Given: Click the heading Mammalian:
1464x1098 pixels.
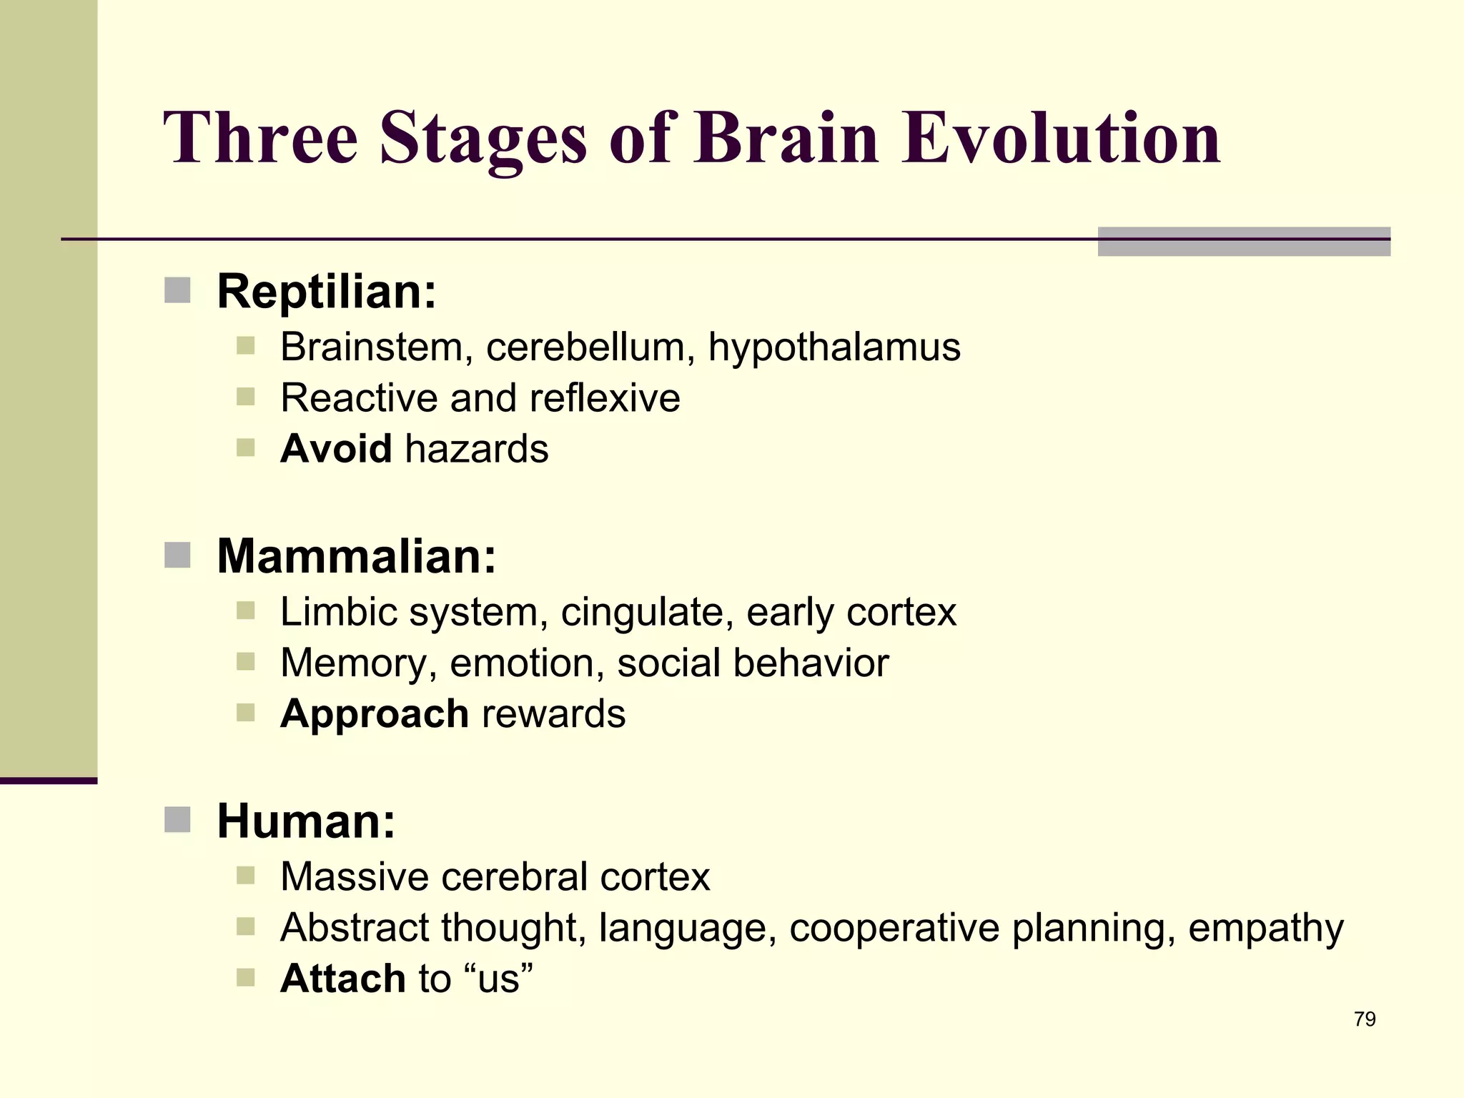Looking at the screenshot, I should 356,556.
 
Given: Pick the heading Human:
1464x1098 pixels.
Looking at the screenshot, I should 306,821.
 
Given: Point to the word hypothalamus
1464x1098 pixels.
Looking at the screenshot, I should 834,347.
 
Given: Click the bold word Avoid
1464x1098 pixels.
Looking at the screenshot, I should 336,449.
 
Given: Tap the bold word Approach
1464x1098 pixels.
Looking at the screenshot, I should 375,714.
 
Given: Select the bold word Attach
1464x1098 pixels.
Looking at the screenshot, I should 343,978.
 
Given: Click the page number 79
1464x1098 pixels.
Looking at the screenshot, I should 1365,1019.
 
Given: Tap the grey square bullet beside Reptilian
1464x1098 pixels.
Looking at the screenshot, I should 177,291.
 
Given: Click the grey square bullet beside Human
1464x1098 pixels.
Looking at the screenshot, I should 177,820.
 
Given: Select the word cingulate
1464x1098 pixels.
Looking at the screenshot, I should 647,613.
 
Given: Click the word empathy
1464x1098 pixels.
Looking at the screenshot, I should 1266,928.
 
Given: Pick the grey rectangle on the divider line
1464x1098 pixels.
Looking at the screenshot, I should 1244,242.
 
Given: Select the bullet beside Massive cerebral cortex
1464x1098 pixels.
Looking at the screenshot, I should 245,876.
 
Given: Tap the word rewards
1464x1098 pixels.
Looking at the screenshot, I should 554,714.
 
